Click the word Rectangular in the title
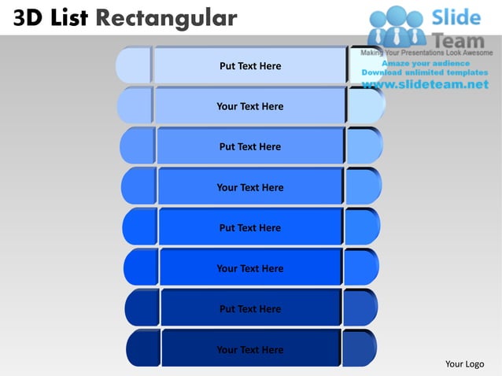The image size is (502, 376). click(165, 17)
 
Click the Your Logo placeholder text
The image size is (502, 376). click(464, 363)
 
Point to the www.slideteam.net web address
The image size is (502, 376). click(426, 85)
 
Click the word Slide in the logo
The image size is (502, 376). click(456, 17)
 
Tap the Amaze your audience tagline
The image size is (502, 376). click(426, 63)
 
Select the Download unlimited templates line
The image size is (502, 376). click(426, 72)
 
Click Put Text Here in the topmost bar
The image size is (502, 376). click(249, 66)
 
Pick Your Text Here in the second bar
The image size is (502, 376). click(249, 106)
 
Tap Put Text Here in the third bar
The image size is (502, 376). click(249, 147)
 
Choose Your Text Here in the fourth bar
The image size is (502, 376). click(249, 187)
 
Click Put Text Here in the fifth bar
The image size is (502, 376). click(249, 228)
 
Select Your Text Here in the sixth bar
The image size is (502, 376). click(249, 268)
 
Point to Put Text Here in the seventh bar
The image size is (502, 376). click(249, 309)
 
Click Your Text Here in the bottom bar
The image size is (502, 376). click(249, 350)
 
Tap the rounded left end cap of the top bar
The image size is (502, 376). click(133, 65)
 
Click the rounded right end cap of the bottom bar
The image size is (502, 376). click(359, 348)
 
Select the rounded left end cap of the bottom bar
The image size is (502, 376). click(142, 348)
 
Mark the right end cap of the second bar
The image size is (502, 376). click(365, 105)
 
